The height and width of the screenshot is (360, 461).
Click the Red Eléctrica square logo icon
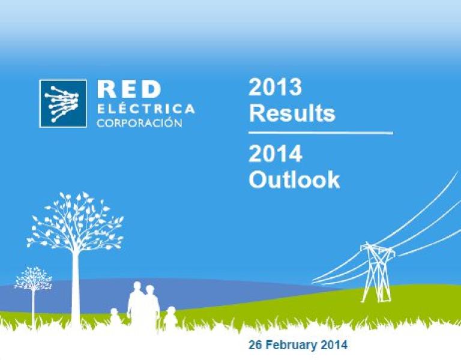click(63, 103)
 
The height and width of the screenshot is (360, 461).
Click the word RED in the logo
click(129, 89)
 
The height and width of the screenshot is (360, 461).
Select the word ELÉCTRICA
click(146, 108)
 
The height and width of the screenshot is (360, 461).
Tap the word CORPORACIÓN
click(140, 122)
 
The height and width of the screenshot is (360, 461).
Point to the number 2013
click(275, 86)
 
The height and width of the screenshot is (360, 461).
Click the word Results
click(292, 113)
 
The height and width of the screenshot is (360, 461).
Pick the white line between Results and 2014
click(321, 133)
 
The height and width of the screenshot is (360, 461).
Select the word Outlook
click(294, 179)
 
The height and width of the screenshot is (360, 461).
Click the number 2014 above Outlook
click(276, 154)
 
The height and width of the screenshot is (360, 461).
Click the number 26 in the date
click(256, 345)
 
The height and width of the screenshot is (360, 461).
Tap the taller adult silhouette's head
click(137, 287)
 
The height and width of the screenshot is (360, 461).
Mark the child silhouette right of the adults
click(170, 317)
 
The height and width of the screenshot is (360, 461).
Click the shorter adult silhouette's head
click(150, 290)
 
